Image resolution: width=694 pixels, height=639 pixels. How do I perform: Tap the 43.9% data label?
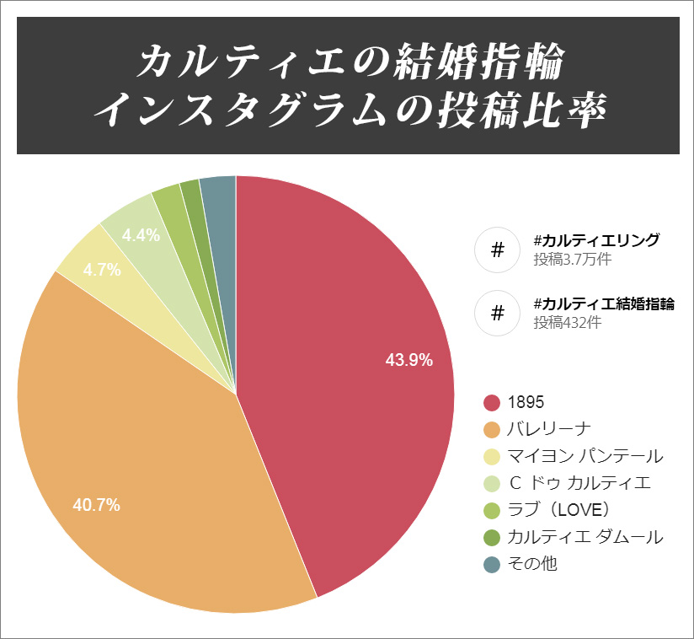tap(409, 360)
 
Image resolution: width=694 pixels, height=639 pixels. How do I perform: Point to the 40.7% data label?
tap(97, 505)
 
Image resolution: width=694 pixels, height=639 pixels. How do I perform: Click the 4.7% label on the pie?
tap(101, 270)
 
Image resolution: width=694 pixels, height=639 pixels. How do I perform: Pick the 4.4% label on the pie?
tap(141, 236)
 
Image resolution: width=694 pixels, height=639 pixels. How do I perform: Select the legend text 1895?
tap(526, 402)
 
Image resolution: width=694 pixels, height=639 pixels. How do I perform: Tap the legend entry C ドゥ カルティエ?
tap(580, 483)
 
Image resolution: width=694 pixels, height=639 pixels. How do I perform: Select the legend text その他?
tap(533, 564)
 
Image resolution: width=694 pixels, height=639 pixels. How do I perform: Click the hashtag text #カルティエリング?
tap(596, 241)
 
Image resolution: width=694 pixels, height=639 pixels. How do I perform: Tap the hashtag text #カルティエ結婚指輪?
tap(604, 303)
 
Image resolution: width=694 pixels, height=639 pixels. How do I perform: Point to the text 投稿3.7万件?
tap(572, 260)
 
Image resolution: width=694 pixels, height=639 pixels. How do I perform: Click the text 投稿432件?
tap(567, 322)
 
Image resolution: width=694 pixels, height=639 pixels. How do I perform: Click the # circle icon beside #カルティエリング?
tap(497, 250)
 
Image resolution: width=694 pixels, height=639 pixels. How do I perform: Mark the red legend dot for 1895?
tap(492, 402)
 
